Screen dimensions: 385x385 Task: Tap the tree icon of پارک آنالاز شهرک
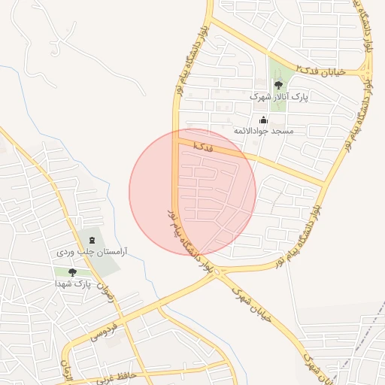click(x=278, y=85)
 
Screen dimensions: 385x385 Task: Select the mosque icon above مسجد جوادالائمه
click(x=263, y=120)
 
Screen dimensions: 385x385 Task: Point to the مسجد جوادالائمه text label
click(x=262, y=131)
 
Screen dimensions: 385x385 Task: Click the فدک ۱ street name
click(x=203, y=146)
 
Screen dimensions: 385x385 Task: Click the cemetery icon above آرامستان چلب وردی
click(x=92, y=240)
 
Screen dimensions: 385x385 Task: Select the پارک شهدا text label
click(x=72, y=283)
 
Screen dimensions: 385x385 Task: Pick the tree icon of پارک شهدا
click(x=72, y=272)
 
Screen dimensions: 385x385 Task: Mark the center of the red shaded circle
click(x=192, y=192)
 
